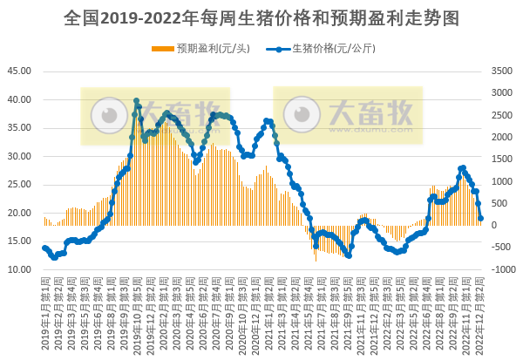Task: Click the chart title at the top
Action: (x=261, y=17)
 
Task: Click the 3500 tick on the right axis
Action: (x=501, y=71)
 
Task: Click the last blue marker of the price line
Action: (x=481, y=219)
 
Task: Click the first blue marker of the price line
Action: (x=44, y=248)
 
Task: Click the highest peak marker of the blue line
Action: (x=136, y=101)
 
